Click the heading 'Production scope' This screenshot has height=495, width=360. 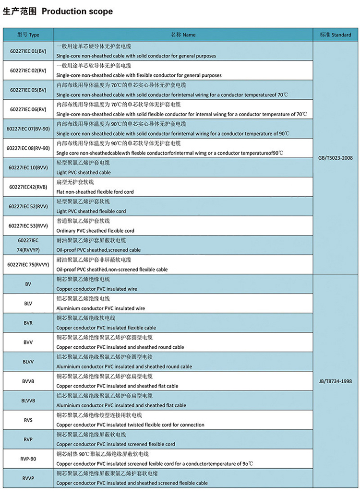77,11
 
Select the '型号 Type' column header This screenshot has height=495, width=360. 28,35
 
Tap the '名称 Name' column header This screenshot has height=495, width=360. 183,35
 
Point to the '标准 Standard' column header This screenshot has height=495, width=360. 335,35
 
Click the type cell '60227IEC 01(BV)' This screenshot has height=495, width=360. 28,51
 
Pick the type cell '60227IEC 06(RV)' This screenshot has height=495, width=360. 28,109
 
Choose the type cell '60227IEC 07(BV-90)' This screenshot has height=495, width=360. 28,129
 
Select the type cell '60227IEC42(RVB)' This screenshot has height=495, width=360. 28,187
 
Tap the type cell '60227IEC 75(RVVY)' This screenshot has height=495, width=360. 28,264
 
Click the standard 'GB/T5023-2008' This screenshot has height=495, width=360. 335,158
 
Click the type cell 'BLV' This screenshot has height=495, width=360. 28,303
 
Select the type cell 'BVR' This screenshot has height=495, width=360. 28,323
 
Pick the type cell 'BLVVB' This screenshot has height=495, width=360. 28,401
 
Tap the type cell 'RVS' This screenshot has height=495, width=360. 28,420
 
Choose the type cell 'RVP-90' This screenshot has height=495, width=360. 28,459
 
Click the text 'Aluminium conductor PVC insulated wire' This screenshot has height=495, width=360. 100,308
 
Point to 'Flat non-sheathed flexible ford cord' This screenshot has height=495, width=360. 95,192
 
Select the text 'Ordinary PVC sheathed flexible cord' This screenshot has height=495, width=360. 95,231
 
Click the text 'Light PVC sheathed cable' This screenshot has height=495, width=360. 84,173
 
